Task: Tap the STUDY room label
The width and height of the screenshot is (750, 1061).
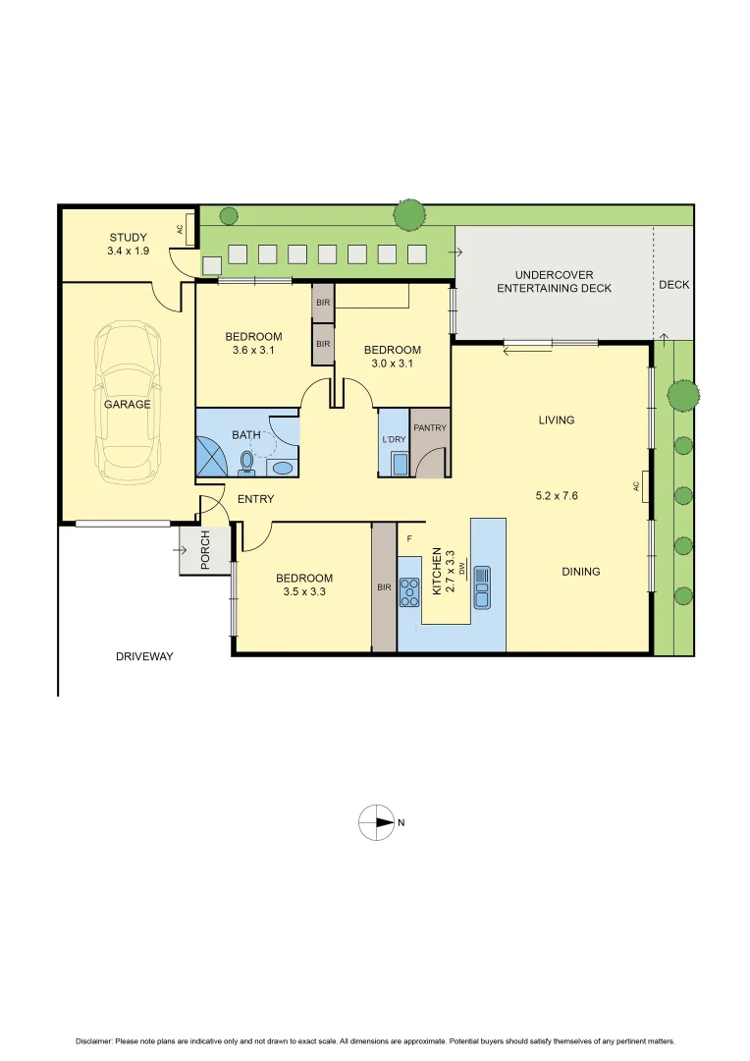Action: coord(128,237)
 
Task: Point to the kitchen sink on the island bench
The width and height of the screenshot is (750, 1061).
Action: coord(482,587)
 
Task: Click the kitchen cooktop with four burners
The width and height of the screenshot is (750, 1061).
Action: coord(409,588)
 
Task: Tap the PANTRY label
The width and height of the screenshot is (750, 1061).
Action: coord(430,428)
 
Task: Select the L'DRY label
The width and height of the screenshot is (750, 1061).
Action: coord(393,438)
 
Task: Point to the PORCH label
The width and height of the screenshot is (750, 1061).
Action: coord(205,552)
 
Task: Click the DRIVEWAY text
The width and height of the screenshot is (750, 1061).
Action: coord(143,656)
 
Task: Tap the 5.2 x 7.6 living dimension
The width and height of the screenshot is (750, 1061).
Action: coord(557,496)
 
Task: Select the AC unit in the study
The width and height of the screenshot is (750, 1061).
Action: coord(180,229)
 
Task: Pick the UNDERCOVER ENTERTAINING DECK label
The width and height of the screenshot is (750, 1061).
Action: coord(554,281)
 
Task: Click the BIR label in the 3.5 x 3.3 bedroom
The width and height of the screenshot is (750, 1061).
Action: coord(384,587)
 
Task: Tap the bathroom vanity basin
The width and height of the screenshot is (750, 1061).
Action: coord(282,468)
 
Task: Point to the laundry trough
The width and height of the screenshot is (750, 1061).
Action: coord(400,463)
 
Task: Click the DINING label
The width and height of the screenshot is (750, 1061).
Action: coord(580,572)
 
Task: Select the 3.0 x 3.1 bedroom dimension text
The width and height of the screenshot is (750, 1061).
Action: coord(392,363)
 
